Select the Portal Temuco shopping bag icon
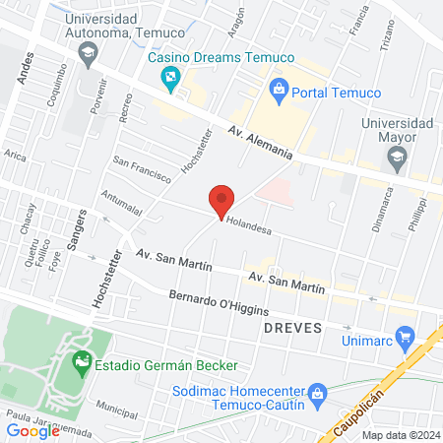278,90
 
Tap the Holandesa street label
247,222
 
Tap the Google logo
33,430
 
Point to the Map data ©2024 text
399,434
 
